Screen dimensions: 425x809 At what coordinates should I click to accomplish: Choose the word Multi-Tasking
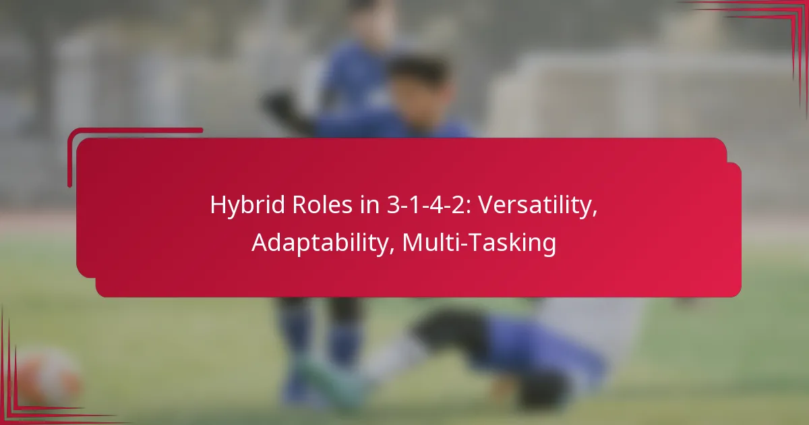tap(479, 243)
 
